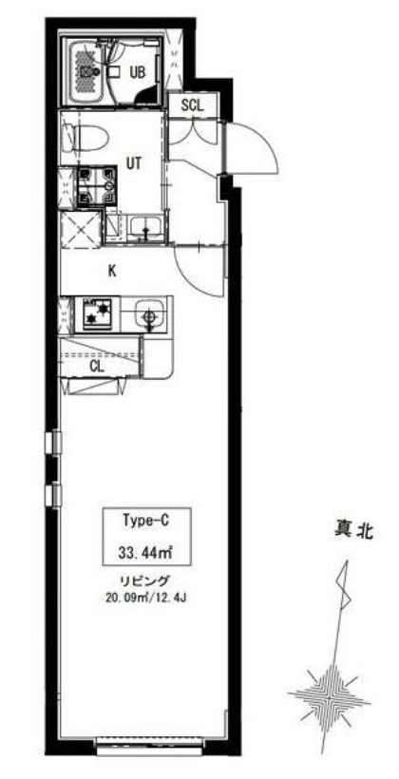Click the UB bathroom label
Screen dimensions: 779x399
click(137, 71)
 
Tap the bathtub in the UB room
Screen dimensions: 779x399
click(91, 71)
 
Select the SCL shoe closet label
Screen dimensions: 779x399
click(193, 105)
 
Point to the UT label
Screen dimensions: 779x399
click(133, 163)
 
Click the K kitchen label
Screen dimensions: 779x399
click(111, 271)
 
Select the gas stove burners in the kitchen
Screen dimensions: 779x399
click(96, 313)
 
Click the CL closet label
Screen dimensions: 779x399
click(97, 365)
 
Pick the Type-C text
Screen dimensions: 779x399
click(144, 521)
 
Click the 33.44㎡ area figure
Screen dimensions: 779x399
click(144, 550)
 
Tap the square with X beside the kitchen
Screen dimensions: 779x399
click(80, 229)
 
